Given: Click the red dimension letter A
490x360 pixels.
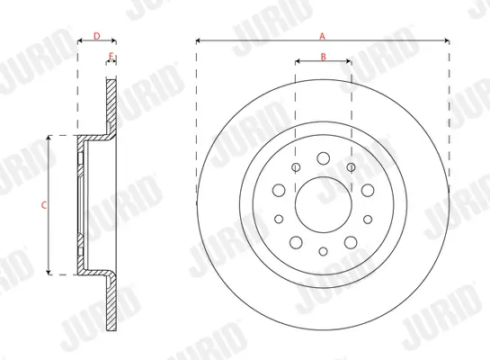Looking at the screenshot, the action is pos(322,36).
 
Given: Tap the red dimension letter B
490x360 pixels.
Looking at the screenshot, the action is pos(324,57).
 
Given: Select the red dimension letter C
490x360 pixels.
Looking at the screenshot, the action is pos(44,205).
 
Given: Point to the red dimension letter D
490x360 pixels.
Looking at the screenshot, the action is pos(97,36).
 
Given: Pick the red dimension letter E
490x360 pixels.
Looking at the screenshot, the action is pos(111,57).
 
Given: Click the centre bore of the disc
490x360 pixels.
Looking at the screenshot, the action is pos(324,205).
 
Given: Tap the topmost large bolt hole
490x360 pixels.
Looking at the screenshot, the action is pos(323,158).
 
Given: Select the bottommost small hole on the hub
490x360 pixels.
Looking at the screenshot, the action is pos(323,251).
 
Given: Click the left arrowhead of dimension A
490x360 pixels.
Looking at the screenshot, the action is pos(199,40).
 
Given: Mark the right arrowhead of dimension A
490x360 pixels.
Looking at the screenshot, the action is pos(447,40).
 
